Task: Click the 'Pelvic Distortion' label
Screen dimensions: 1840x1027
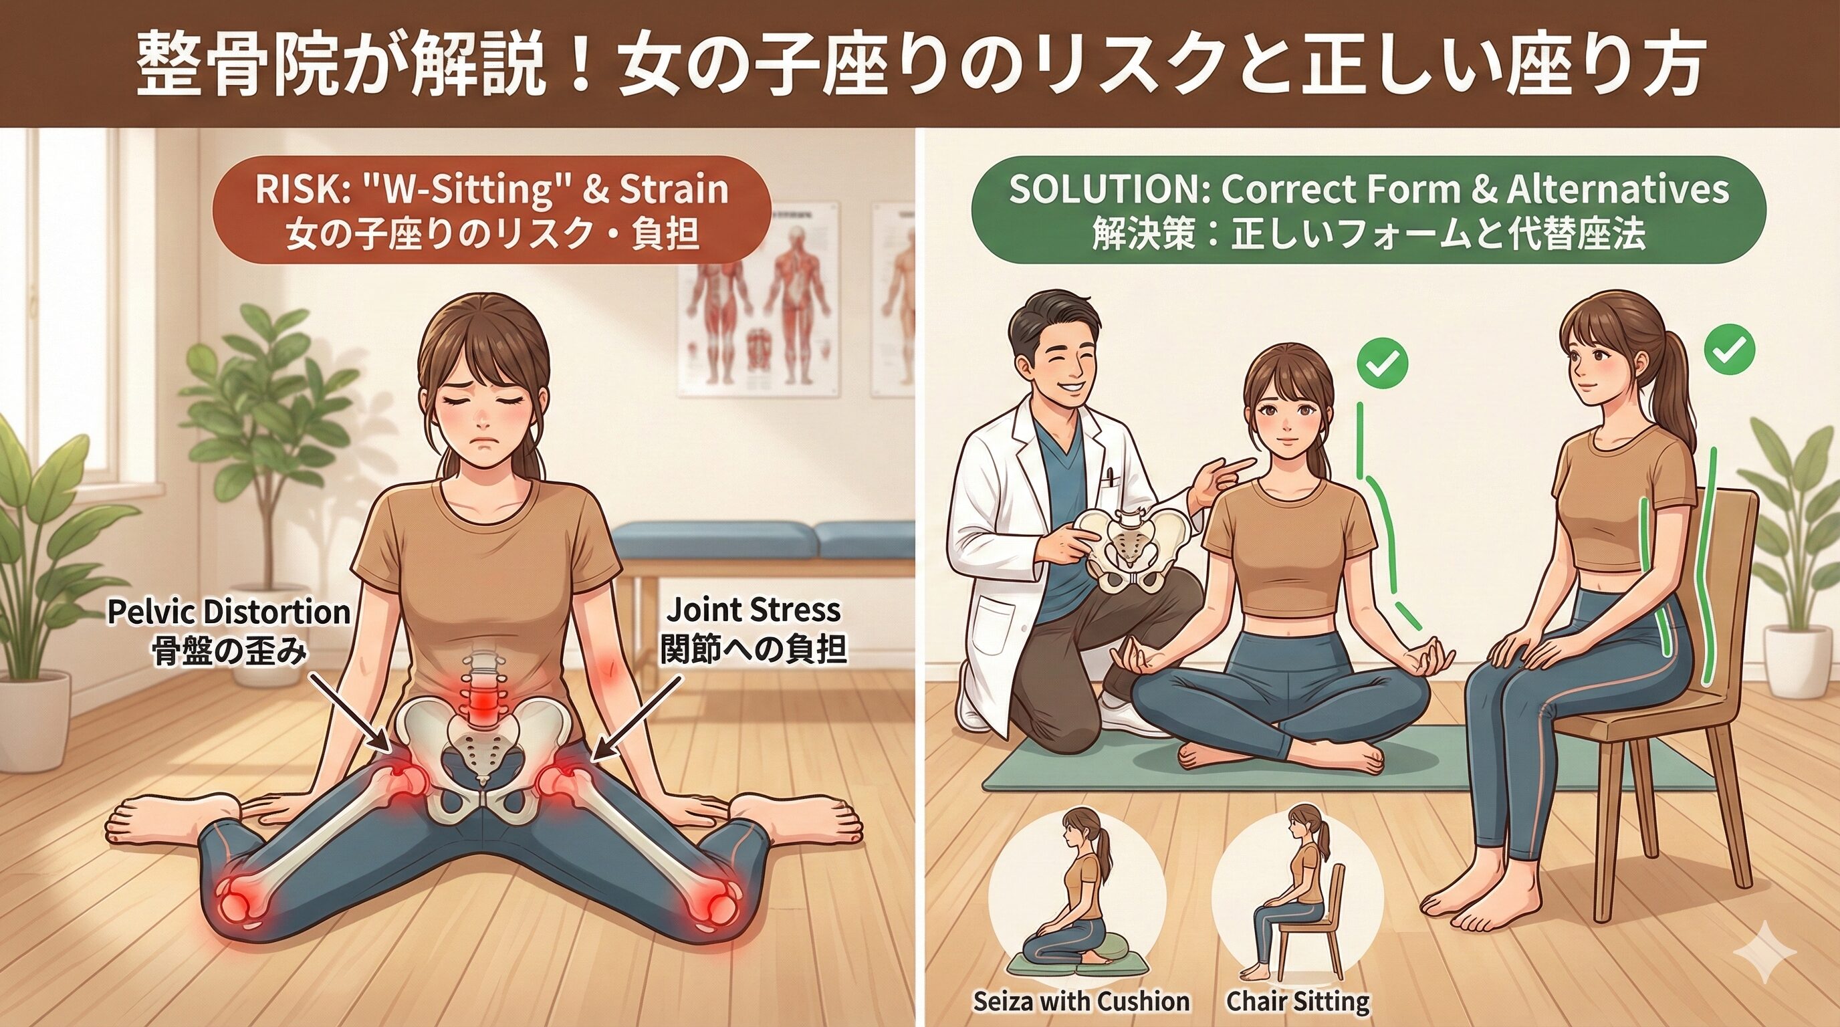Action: pos(229,612)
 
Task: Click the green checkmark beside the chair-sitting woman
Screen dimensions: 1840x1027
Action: pos(1729,348)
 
